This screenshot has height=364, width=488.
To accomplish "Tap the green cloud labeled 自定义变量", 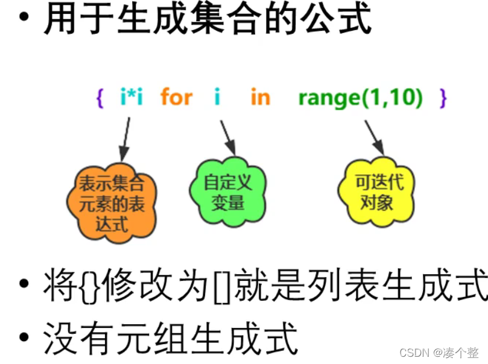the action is [x=227, y=192].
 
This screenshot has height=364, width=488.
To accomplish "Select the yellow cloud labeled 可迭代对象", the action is [x=377, y=192].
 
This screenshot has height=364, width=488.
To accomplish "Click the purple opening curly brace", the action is [x=100, y=98].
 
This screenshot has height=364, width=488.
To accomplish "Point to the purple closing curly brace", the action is [x=443, y=98].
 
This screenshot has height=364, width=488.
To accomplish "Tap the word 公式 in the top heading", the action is [x=342, y=19].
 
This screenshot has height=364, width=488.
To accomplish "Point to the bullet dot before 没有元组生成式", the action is [x=24, y=336].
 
